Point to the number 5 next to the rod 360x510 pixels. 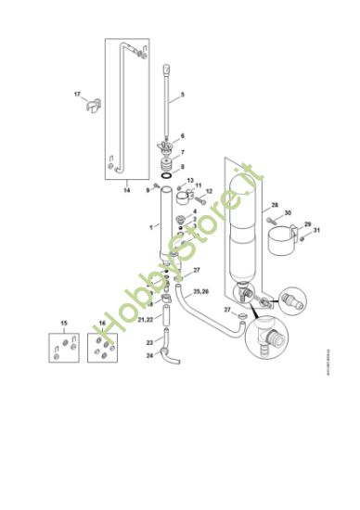pos(182,95)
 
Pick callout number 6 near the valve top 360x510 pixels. pos(182,135)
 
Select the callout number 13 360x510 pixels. pos(191,181)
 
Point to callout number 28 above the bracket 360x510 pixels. pos(275,204)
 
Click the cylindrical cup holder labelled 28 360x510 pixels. pos(280,244)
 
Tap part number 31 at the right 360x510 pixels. pos(316,230)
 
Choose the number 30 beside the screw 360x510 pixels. pos(288,213)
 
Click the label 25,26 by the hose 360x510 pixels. pos(200,291)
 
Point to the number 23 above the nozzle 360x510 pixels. pos(149,342)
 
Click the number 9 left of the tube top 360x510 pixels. pos(147,190)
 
